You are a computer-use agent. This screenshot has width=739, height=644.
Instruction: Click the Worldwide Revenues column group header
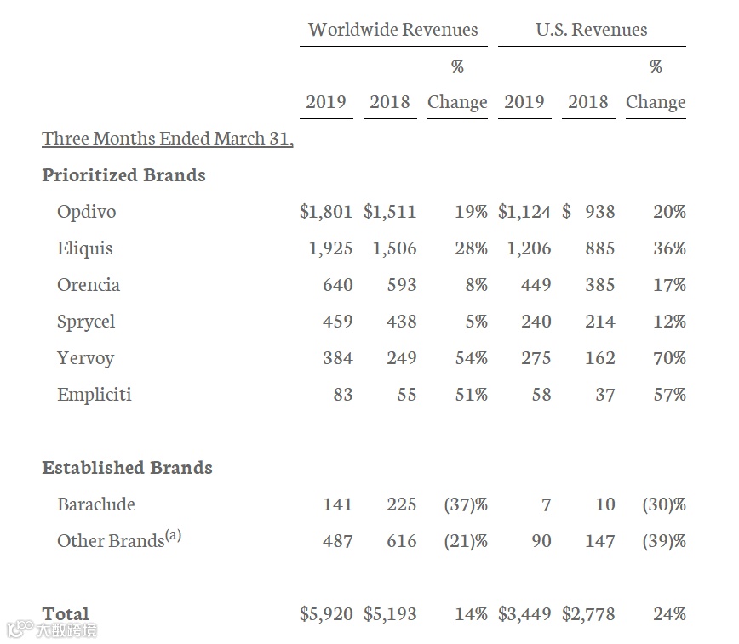pos(392,30)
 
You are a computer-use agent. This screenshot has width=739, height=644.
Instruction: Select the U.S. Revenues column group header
pos(591,30)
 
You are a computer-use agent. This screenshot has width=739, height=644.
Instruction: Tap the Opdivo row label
pos(86,212)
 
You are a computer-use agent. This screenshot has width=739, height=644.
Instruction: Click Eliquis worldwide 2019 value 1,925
pos(326,248)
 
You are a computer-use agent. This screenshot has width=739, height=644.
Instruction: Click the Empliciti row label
pos(94,395)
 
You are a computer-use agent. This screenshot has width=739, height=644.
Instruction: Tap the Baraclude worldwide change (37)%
pos(466,504)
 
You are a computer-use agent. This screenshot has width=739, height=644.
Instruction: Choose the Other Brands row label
pos(110,541)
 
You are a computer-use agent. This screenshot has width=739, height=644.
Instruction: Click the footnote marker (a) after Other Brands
pos(173,536)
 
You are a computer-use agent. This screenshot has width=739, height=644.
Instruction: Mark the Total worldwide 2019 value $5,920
pos(326,614)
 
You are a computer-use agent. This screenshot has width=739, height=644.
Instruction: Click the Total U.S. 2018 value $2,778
pos(588,614)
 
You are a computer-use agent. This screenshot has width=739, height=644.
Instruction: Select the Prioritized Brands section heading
pos(123,175)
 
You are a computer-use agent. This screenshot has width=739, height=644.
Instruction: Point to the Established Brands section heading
pos(127,468)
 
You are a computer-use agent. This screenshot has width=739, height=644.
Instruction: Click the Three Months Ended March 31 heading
pos(168,139)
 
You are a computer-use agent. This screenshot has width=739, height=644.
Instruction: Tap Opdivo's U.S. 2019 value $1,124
pos(524,212)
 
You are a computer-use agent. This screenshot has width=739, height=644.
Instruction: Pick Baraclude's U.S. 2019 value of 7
pos(546,504)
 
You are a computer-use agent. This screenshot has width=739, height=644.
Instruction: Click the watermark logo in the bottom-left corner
pos(51,630)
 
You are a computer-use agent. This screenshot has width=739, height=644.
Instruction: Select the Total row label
pos(66,614)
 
